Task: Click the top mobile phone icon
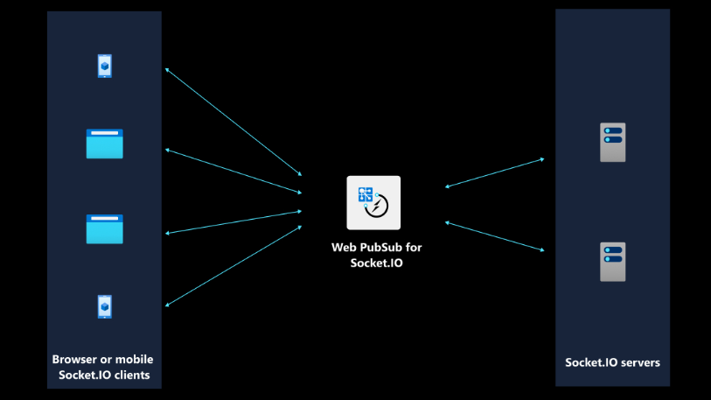coord(105,66)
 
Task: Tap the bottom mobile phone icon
coord(105,306)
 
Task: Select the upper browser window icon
coord(105,144)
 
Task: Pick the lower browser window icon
coord(105,228)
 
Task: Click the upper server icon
coord(612,142)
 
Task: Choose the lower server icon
coord(612,262)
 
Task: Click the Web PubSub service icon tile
coord(373,202)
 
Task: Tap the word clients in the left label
coord(132,375)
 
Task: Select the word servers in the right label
coord(640,362)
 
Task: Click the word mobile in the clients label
coord(133,359)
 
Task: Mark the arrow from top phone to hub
coord(234,122)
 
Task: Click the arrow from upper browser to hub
coord(234,172)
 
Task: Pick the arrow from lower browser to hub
coord(234,222)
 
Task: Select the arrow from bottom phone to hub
coord(234,266)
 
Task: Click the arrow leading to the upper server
coord(495,172)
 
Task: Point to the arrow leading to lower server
coord(495,236)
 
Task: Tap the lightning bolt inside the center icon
coord(377,207)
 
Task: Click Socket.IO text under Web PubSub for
coord(376,263)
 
